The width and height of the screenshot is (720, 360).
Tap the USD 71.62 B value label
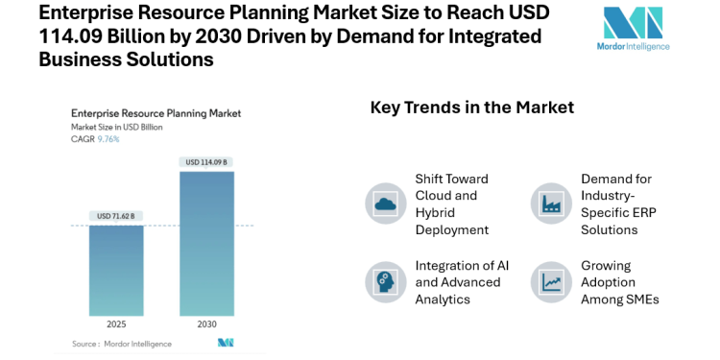pyautogui.click(x=116, y=215)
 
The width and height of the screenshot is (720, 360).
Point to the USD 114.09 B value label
pyautogui.click(x=206, y=161)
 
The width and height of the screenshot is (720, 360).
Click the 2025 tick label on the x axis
pyautogui.click(x=116, y=325)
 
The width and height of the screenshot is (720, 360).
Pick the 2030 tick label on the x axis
pyautogui.click(x=206, y=325)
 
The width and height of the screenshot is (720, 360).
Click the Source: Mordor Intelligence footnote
pyautogui.click(x=122, y=343)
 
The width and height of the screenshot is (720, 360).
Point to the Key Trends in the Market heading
pyautogui.click(x=472, y=108)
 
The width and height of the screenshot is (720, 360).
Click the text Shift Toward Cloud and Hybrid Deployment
pyautogui.click(x=452, y=204)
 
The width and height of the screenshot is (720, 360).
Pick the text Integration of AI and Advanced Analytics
pyautogui.click(x=458, y=282)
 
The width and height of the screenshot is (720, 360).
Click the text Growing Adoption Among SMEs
pyautogui.click(x=620, y=282)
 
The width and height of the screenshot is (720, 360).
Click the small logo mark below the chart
pyautogui.click(x=226, y=343)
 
